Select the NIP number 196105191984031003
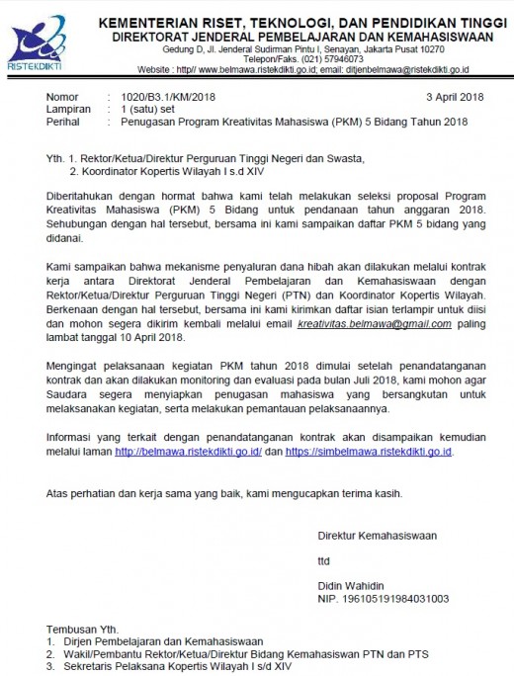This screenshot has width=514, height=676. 383,598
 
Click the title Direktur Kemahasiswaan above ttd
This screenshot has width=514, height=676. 376,536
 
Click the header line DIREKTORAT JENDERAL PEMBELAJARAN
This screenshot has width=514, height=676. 300,34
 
